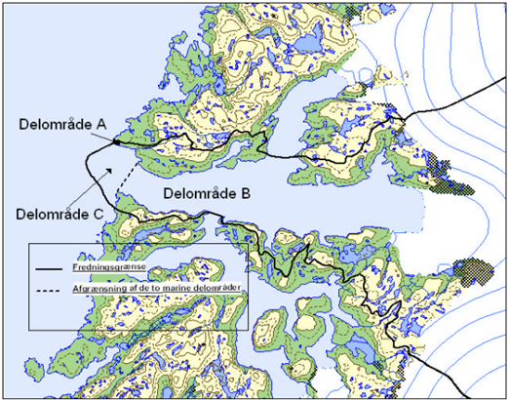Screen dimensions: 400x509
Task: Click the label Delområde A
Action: tap(64, 123)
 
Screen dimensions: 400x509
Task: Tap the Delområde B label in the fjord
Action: tap(207, 193)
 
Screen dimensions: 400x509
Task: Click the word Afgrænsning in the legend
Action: tap(98, 289)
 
